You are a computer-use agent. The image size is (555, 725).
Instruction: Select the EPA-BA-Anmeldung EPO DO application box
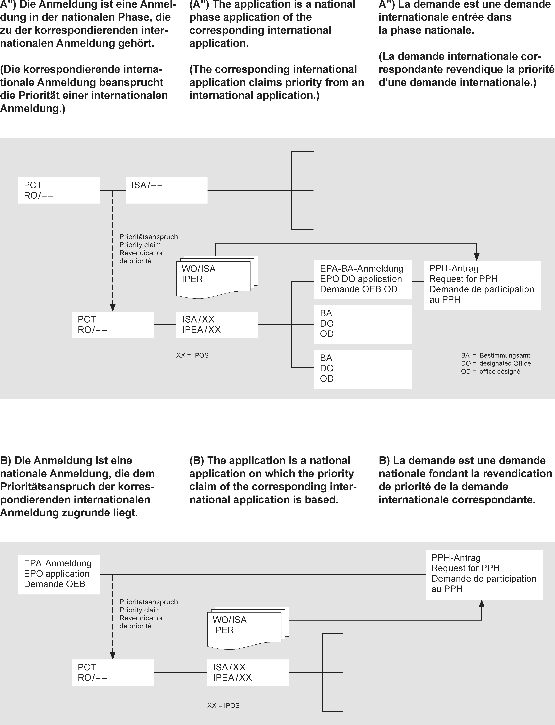coord(362,280)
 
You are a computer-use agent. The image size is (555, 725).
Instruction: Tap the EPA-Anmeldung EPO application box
coord(58,574)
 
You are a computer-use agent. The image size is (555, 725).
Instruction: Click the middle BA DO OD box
coord(362,324)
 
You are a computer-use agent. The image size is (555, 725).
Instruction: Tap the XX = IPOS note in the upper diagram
coord(192,355)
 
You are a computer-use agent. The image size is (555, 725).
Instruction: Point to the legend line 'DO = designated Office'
coord(496,363)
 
